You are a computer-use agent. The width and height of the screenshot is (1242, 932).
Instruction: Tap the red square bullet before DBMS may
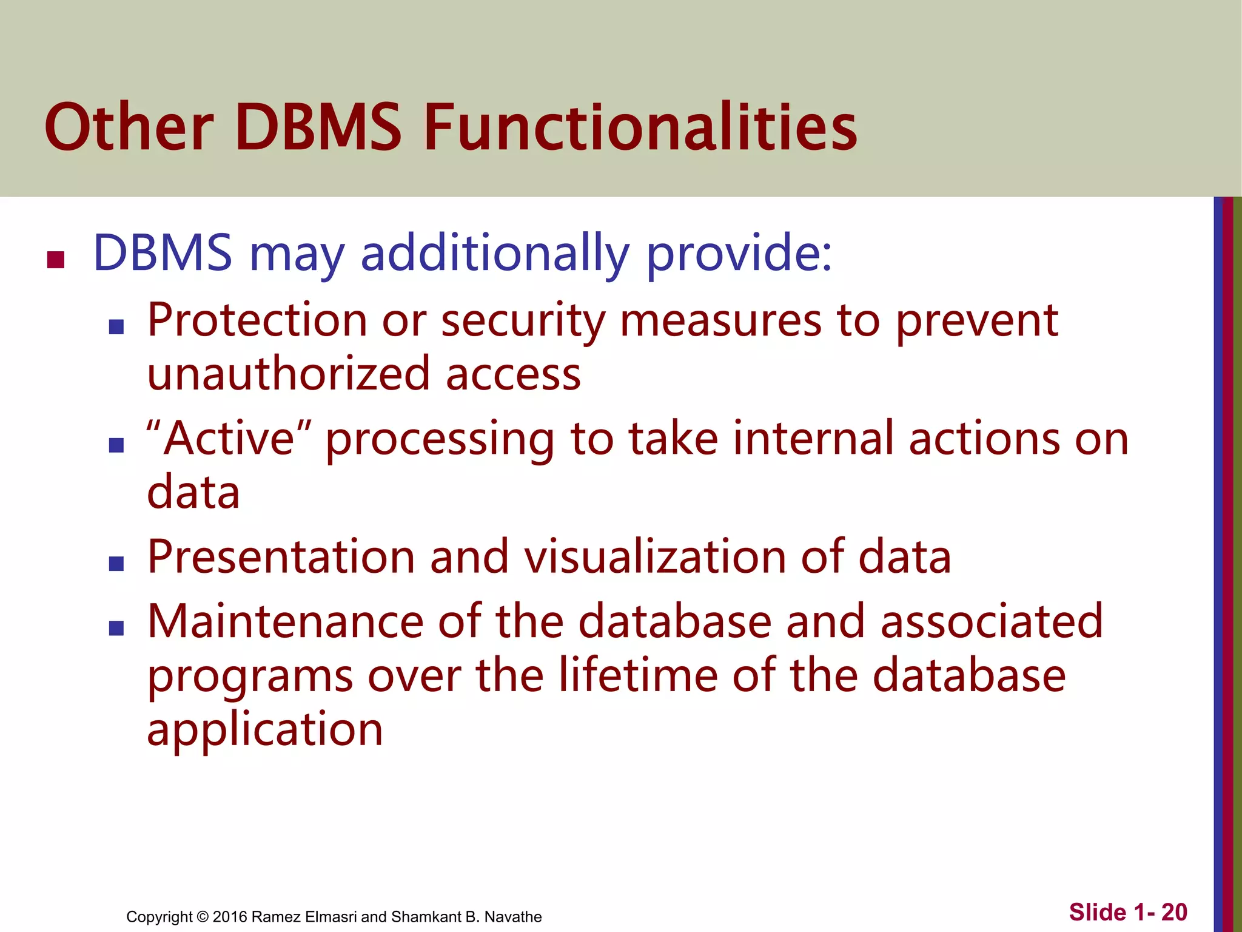pyautogui.click(x=56, y=260)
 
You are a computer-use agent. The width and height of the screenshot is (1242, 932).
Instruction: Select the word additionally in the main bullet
pyautogui.click(x=495, y=253)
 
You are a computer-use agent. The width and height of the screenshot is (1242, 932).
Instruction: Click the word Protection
pyautogui.click(x=257, y=320)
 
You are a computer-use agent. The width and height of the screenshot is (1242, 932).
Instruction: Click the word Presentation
pyautogui.click(x=281, y=556)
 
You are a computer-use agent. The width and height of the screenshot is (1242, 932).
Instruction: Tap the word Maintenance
pyautogui.click(x=285, y=621)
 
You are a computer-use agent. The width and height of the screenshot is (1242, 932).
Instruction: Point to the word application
pyautogui.click(x=265, y=729)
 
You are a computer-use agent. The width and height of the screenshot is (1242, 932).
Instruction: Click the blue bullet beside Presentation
pyautogui.click(x=116, y=564)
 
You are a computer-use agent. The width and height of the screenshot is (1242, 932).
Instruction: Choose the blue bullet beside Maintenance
pyautogui.click(x=116, y=628)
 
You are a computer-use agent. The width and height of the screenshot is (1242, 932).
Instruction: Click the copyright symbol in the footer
pyautogui.click(x=203, y=917)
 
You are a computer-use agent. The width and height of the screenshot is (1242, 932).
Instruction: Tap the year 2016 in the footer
pyautogui.click(x=230, y=917)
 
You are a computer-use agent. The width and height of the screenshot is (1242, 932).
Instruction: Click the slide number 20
pyautogui.click(x=1173, y=912)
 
